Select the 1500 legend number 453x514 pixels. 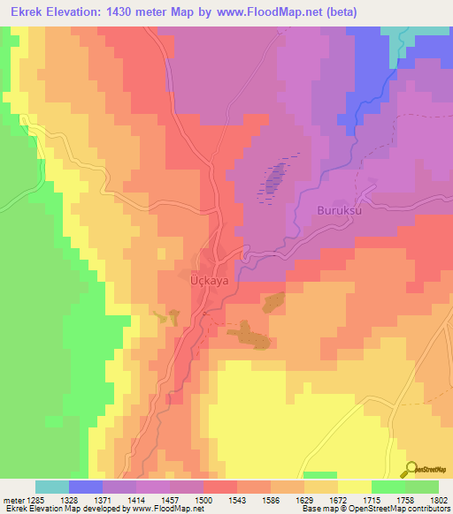(203, 499)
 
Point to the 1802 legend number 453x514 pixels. (438, 499)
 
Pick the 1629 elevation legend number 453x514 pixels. (303, 499)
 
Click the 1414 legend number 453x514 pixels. (135, 499)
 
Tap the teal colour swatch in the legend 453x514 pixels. (52, 487)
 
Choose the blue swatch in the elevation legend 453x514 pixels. (86, 487)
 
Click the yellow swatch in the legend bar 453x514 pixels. (354, 487)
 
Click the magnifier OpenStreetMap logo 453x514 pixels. (412, 469)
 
